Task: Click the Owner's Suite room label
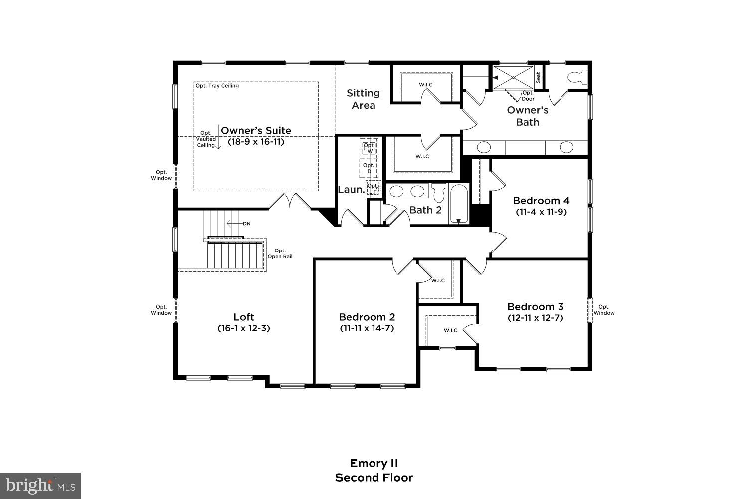[x=256, y=131]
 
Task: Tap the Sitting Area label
[x=363, y=99]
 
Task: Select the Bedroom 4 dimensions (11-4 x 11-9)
[x=541, y=212]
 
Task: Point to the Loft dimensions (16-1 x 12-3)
[x=244, y=328]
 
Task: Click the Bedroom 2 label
[x=367, y=317]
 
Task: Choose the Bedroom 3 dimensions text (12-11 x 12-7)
[x=535, y=318]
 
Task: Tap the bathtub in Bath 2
[x=458, y=204]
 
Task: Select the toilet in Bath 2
[x=438, y=192]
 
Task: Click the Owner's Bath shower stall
[x=513, y=77]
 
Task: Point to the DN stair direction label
[x=246, y=224]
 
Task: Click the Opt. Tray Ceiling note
[x=217, y=86]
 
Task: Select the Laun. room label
[x=351, y=190]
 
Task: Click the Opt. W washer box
[x=369, y=148]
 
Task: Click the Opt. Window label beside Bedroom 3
[x=604, y=310]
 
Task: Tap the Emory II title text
[x=374, y=463]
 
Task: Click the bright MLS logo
[x=40, y=486]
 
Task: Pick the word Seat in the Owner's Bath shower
[x=538, y=77]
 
